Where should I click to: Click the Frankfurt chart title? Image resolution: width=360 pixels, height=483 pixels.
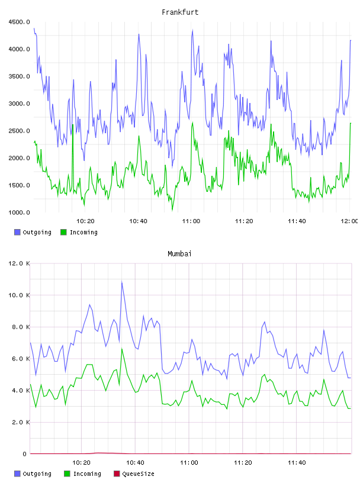[x=180, y=12]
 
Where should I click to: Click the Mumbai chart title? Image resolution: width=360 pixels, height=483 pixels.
[x=179, y=253]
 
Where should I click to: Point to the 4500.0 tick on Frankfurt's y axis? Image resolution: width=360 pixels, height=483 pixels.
[x=19, y=22]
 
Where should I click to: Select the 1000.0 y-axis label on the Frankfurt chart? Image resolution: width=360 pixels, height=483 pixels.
[x=19, y=212]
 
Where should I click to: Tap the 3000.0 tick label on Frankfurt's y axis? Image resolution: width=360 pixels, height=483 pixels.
[x=19, y=104]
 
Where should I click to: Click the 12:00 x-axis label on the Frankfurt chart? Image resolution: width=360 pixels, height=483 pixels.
[x=349, y=221]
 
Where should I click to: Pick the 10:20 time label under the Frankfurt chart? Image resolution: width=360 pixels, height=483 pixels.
[x=85, y=221]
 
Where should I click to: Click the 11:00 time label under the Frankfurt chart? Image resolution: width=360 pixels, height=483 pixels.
[x=191, y=221]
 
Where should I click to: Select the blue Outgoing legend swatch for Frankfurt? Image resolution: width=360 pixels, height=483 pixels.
[x=17, y=232]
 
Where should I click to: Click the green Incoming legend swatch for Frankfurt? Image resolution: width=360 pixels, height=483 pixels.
[x=63, y=232]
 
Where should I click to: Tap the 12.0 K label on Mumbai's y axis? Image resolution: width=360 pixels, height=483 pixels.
[x=19, y=263]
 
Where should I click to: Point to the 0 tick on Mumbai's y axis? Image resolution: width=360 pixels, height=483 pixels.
[x=24, y=454]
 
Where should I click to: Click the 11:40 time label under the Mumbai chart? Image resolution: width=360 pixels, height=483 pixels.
[x=297, y=462]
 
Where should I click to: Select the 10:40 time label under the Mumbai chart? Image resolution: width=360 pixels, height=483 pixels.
[x=135, y=462]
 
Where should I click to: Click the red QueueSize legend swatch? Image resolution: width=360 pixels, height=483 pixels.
[x=117, y=474]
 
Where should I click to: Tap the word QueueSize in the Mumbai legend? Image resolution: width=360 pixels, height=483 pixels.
[x=138, y=474]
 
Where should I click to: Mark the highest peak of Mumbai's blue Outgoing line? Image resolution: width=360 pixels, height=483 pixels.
[x=122, y=282]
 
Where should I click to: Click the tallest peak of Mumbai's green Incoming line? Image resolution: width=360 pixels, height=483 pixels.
[x=122, y=349]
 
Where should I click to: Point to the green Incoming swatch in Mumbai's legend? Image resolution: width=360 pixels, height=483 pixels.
[x=67, y=474]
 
